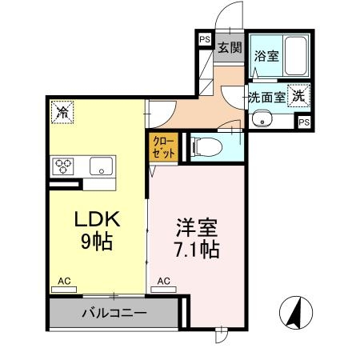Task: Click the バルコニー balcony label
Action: pyautogui.click(x=113, y=313)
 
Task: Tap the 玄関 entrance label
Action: pyautogui.click(x=230, y=47)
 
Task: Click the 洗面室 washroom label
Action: pyautogui.click(x=265, y=97)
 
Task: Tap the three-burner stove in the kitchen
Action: pyautogui.click(x=64, y=167)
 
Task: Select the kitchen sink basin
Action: pyautogui.click(x=102, y=167)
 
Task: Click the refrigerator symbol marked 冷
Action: pyautogui.click(x=62, y=113)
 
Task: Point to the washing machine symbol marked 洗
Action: pyautogui.click(x=297, y=94)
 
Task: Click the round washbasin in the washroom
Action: pyautogui.click(x=261, y=120)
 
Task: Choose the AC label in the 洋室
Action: pyautogui.click(x=164, y=281)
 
